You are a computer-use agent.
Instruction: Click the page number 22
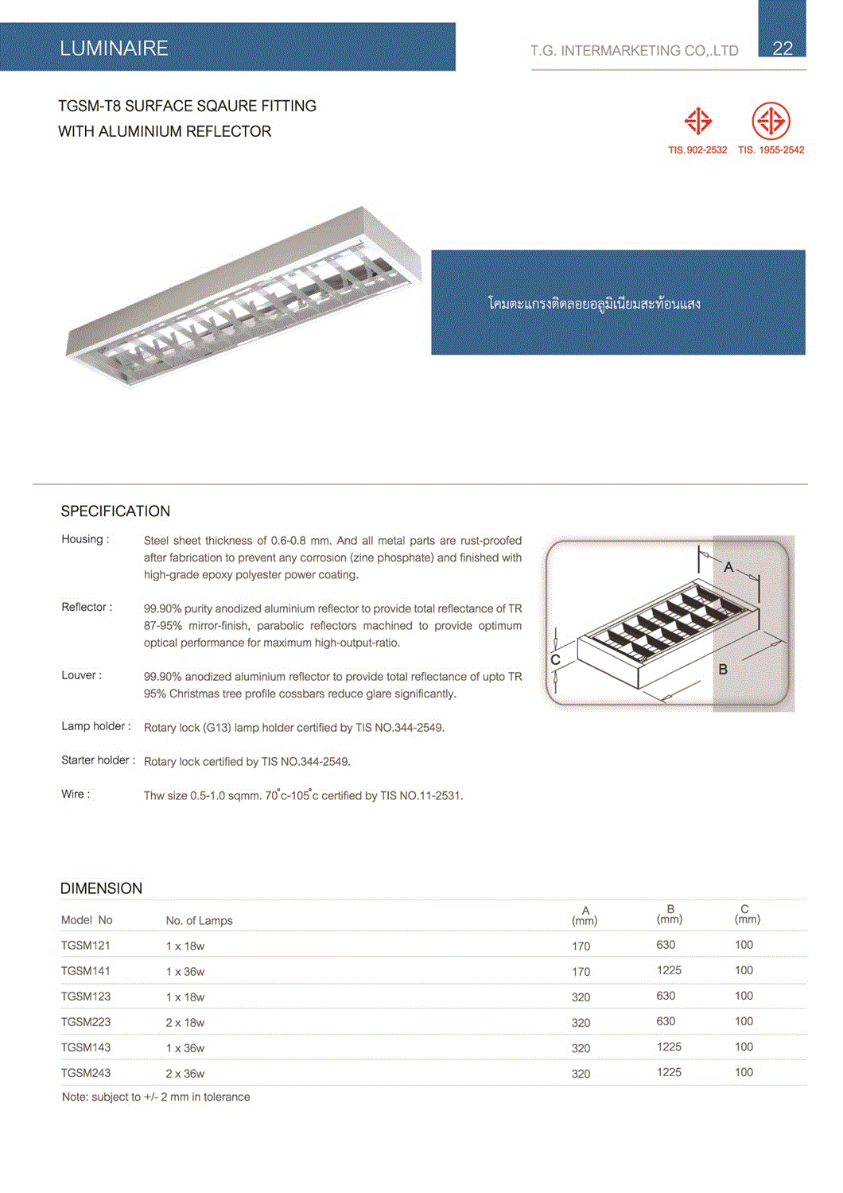(783, 48)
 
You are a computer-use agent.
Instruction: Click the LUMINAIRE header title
(114, 49)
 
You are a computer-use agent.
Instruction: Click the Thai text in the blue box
(594, 303)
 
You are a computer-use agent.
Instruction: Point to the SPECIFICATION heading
(115, 511)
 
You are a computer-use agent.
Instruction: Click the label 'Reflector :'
(87, 607)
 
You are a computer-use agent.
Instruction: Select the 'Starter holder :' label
(98, 760)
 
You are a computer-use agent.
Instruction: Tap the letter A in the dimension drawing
(728, 567)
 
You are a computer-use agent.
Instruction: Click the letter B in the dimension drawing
(723, 669)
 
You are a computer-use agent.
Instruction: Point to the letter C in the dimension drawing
(555, 659)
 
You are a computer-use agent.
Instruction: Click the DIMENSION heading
(101, 888)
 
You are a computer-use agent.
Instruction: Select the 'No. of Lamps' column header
(199, 920)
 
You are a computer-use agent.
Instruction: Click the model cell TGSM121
(85, 945)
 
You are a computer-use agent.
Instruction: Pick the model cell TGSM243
(85, 1073)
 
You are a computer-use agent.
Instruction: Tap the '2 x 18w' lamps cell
(185, 1022)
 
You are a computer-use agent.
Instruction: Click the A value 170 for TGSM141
(581, 971)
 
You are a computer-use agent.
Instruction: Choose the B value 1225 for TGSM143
(669, 1047)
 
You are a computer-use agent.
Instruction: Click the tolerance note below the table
(156, 1097)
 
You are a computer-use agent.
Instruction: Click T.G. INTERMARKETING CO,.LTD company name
(635, 50)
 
